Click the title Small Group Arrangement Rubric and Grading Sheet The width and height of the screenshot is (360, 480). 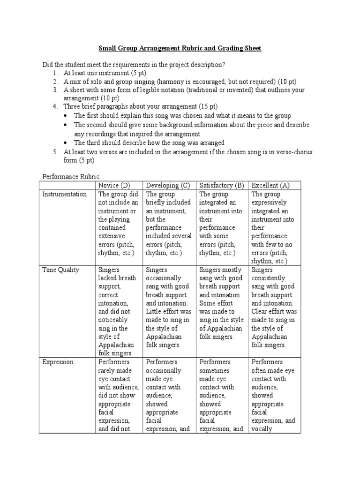(x=180, y=48)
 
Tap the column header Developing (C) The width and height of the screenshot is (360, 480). (x=168, y=185)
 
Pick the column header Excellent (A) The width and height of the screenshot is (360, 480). (x=270, y=185)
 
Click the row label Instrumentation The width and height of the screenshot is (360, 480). (x=64, y=194)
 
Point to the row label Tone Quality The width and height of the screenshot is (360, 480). (x=60, y=270)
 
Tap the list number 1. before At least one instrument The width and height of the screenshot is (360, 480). (x=55, y=73)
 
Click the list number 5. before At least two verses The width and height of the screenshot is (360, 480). (x=55, y=152)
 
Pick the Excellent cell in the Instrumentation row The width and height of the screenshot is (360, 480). (x=274, y=227)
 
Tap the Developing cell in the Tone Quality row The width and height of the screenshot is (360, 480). (x=168, y=307)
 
